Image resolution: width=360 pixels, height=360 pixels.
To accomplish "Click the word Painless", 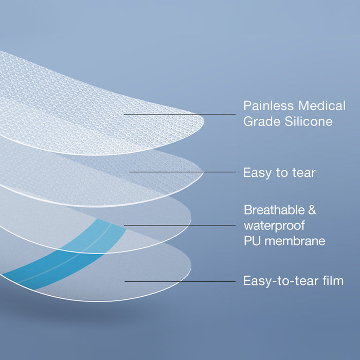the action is coord(268,106).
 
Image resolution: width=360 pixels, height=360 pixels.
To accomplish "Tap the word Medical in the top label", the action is coord(322,106).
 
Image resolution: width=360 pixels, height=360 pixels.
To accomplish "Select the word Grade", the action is coord(262,122).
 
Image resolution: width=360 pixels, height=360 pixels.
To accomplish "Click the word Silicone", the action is coord(309,121).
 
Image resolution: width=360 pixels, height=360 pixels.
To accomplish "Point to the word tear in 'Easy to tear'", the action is coord(304,173).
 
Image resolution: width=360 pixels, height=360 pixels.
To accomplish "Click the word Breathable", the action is coord(274,210).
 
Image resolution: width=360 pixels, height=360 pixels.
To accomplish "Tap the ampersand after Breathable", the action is coord(312,210).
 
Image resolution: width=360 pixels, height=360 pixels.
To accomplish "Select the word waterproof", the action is coord(274,226).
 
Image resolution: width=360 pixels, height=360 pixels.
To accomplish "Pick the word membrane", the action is coord(295,241).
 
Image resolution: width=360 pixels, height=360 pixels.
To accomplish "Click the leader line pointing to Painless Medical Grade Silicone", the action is coord(180,114).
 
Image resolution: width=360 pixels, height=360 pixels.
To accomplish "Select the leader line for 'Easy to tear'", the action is coord(182,172).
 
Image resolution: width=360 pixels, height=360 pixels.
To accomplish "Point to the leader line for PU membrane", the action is coord(180,225).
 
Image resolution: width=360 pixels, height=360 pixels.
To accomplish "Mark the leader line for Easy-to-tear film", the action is coord(180,281).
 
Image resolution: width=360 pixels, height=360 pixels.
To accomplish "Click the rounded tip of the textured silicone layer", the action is coord(203,121).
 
